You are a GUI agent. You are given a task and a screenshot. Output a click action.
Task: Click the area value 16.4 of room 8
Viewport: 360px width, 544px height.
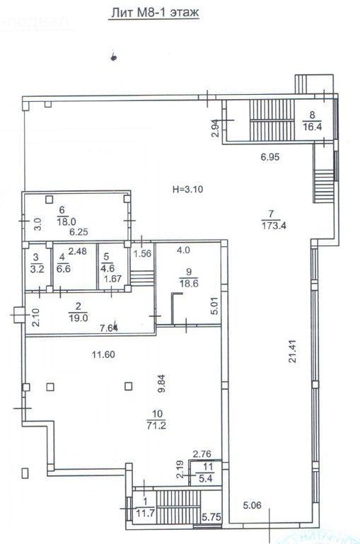(x=310, y=127)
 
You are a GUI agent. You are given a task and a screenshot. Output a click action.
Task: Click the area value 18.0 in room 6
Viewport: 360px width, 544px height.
(x=62, y=220)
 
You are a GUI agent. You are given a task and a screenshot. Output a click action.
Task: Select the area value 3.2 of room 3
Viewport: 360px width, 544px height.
(x=35, y=268)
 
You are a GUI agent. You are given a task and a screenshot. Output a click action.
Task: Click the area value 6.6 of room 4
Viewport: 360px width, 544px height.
(x=62, y=268)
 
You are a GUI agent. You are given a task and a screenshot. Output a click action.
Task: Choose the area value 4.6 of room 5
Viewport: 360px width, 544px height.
(x=108, y=268)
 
